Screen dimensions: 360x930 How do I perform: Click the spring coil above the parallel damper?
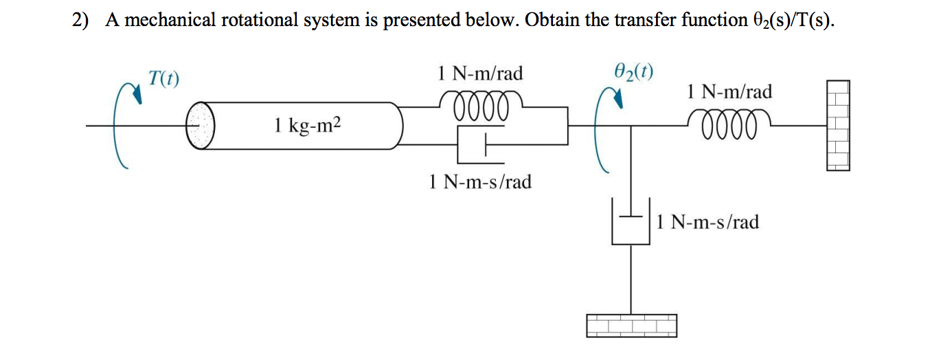coord(481,107)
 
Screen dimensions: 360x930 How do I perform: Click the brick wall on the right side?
coord(838,125)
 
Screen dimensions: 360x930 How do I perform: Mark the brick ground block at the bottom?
coord(631,325)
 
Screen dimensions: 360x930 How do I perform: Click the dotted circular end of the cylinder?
coord(201,126)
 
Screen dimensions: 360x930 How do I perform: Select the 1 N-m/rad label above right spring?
coord(729,91)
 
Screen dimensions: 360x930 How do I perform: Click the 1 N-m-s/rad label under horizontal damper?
coord(480,182)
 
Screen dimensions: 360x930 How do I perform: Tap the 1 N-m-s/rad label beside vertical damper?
coord(707,222)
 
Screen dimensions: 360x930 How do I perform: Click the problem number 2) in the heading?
coord(82,21)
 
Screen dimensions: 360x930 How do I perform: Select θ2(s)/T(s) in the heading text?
coord(789,21)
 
